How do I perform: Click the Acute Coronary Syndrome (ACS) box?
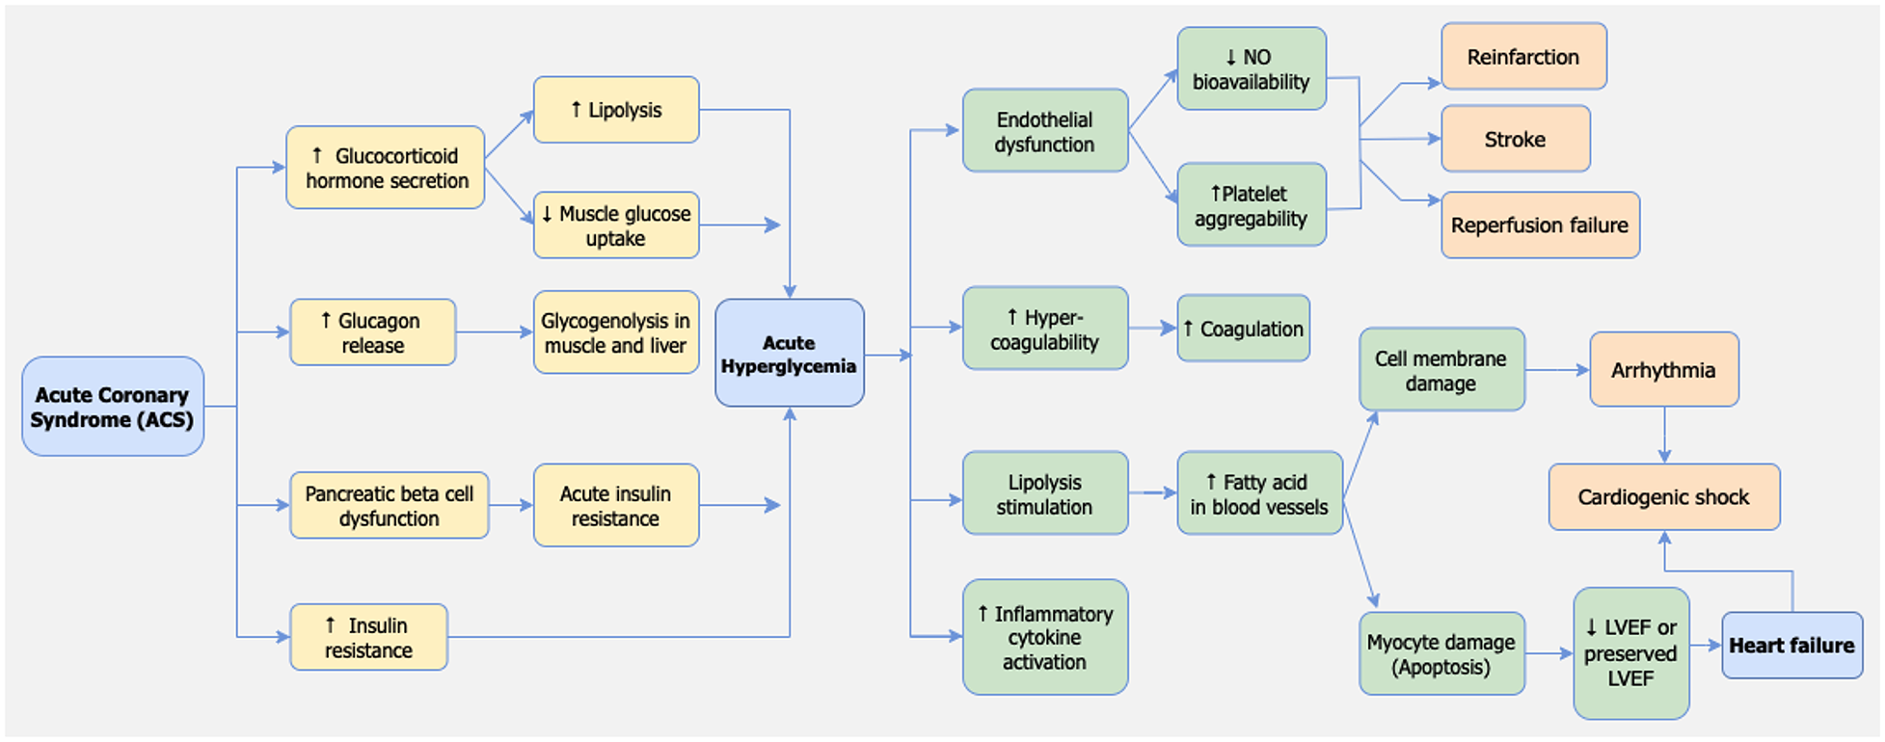(113, 407)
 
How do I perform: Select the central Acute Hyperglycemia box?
(789, 353)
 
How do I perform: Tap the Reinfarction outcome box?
(1522, 57)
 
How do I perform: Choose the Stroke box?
(1514, 139)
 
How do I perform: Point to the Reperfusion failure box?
(1539, 225)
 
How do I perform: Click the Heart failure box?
(1791, 645)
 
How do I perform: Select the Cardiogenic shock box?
(1663, 497)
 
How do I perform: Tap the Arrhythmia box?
(1663, 370)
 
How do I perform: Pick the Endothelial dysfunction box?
(1044, 131)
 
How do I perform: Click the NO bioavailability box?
(1251, 68)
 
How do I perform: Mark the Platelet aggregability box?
(1251, 205)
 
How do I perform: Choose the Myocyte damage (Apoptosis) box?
(1441, 653)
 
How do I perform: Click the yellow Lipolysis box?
(615, 110)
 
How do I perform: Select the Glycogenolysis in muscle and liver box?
(615, 332)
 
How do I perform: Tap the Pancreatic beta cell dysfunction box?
(389, 505)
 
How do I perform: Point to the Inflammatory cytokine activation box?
(1044, 637)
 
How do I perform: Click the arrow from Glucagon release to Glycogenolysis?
(494, 332)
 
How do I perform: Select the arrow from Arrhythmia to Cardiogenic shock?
(1664, 435)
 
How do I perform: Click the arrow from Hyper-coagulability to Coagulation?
(1152, 329)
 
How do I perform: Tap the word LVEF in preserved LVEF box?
(1630, 678)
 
